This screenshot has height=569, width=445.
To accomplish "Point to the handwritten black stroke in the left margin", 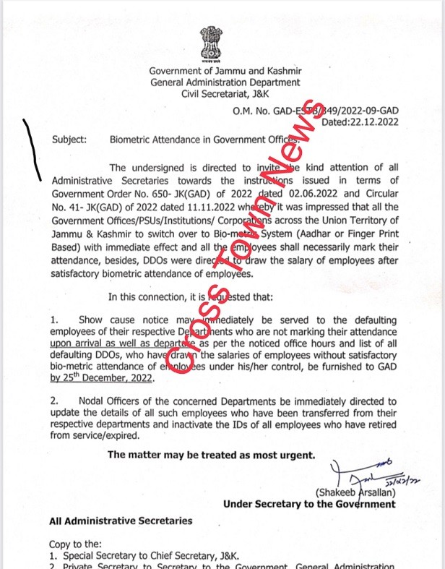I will click(x=33, y=149).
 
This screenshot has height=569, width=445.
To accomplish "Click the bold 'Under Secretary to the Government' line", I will click(x=310, y=504).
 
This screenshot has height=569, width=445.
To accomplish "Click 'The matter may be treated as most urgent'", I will click(x=212, y=455).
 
